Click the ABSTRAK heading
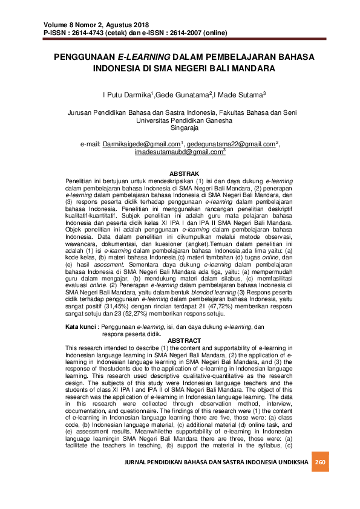[x=180, y=173]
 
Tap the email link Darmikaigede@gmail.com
[x=142, y=145]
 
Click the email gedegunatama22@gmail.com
[x=230, y=145]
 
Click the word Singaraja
[x=180, y=128]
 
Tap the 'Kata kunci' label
[x=82, y=326]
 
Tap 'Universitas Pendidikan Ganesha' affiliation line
[x=180, y=120]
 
